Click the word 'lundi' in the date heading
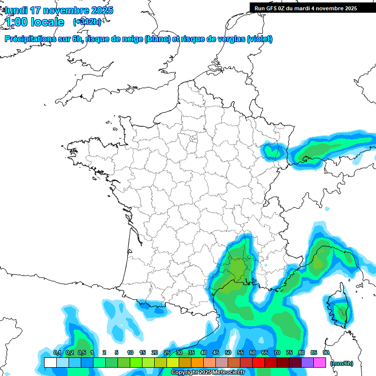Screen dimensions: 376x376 [x=16, y=10]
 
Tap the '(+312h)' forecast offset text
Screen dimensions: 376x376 [x=87, y=22]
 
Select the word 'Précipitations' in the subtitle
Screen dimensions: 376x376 [x=30, y=39]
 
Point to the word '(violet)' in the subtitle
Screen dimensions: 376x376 [x=259, y=39]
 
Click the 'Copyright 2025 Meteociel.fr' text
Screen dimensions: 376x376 [x=208, y=373]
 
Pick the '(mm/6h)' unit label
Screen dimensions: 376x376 [x=342, y=363]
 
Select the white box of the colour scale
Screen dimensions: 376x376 [x=50, y=363]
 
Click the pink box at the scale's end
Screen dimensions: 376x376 [x=320, y=363]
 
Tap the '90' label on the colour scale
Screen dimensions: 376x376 [x=326, y=353]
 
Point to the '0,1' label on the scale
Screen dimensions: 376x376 [x=57, y=353]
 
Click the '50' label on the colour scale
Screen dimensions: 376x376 [x=228, y=353]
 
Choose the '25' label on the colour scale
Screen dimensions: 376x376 [x=167, y=353]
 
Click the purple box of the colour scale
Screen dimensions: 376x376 [x=307, y=363]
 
